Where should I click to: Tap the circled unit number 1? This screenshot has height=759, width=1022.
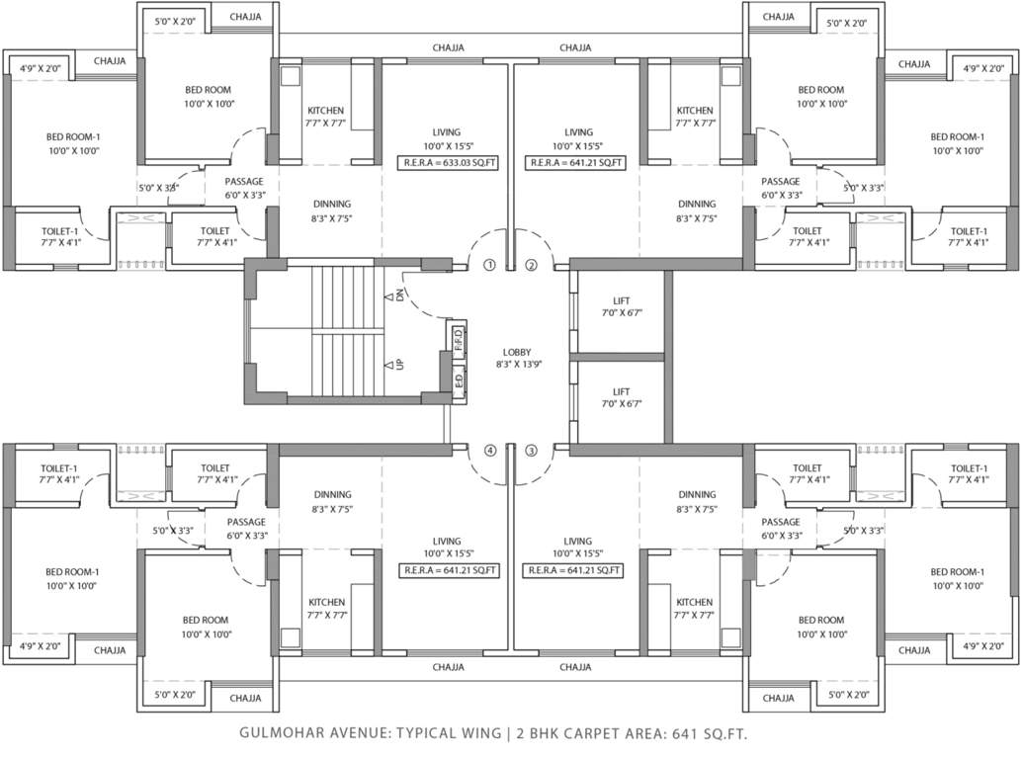point(489,265)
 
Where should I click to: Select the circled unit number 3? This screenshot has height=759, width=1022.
point(531,452)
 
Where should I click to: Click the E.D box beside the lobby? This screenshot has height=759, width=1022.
point(459,378)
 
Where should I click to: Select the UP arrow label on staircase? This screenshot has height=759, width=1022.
point(399,364)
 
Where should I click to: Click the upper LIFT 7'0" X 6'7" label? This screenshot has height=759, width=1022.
point(621,304)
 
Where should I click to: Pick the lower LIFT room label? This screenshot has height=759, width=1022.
point(621,397)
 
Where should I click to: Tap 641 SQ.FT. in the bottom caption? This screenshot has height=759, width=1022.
point(708,734)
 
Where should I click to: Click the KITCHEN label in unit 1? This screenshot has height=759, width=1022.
point(325,117)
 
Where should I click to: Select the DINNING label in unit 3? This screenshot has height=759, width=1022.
point(697,501)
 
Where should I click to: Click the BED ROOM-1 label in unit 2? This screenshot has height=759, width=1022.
point(957,143)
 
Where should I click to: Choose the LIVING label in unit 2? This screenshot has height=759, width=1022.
point(578,138)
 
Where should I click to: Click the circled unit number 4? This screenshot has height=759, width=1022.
point(489,452)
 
